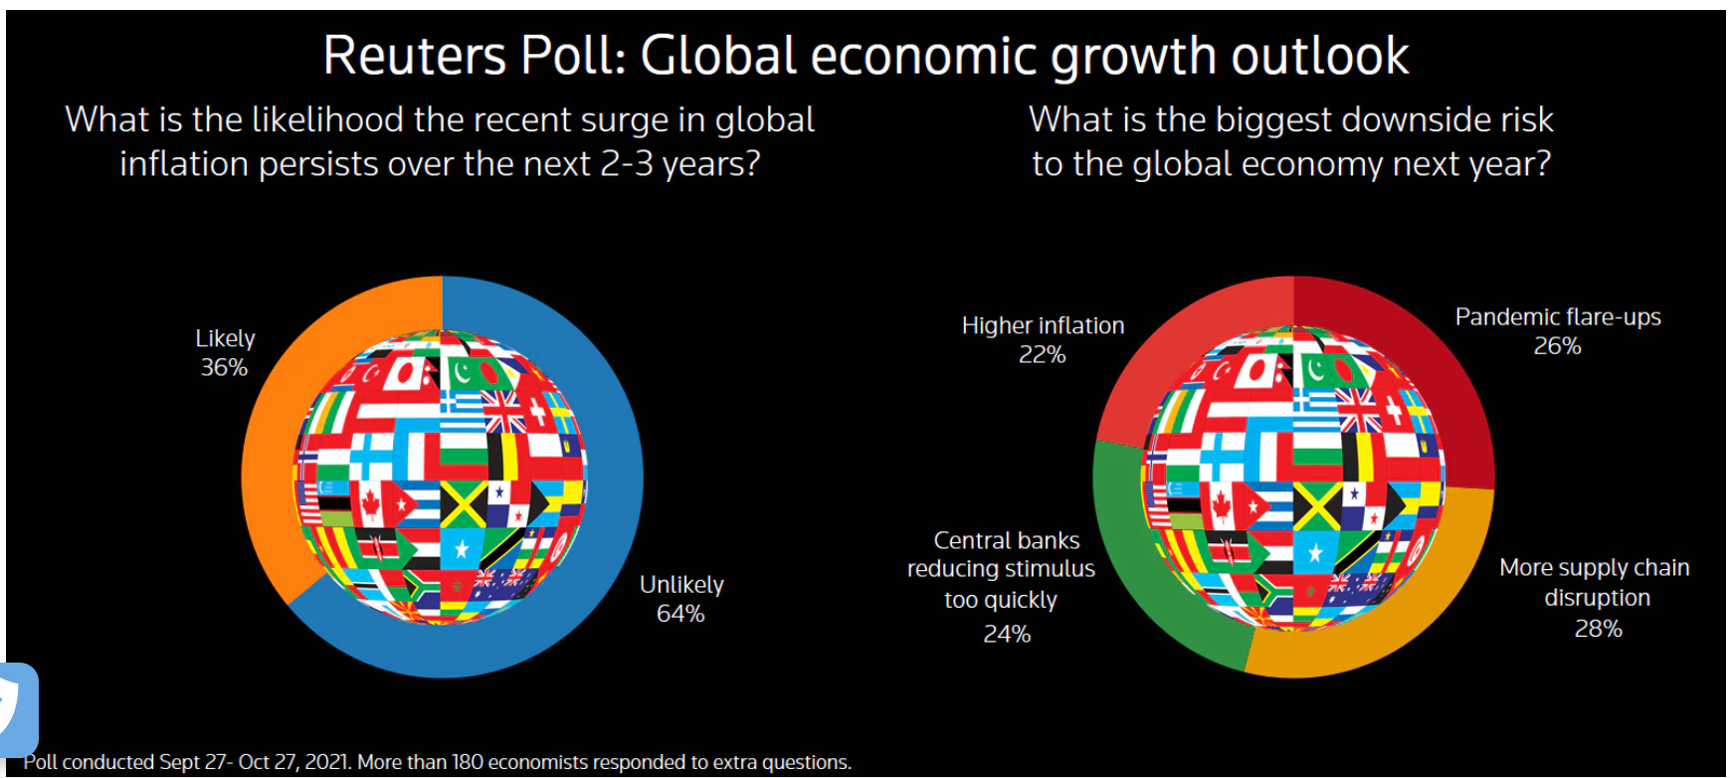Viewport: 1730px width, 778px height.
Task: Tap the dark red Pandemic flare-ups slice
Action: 1433,358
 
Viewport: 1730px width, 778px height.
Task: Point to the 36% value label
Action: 224,368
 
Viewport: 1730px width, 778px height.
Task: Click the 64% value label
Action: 680,614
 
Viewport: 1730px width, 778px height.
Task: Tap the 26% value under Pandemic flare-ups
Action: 1557,346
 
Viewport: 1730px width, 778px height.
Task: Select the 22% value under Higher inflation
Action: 1042,355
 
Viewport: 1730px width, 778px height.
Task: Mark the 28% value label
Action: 1598,629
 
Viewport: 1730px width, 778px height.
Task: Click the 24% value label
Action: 1007,634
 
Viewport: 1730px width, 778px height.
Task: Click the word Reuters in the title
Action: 412,56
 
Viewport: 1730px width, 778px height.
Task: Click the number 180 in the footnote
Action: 467,762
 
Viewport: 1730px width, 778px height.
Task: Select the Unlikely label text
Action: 681,585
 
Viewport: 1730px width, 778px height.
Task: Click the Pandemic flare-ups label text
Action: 1558,317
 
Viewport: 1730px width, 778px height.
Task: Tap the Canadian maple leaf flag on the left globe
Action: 371,505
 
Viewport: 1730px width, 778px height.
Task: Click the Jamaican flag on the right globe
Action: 1316,507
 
